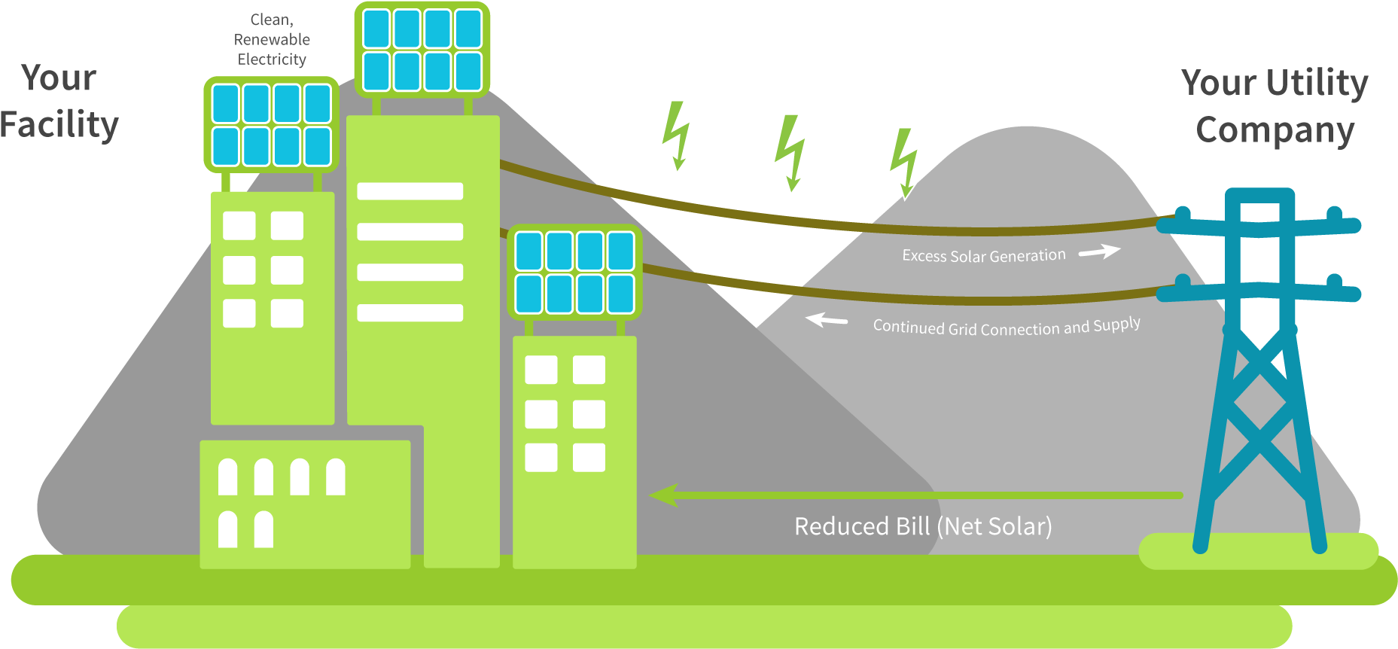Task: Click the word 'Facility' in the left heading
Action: [60, 125]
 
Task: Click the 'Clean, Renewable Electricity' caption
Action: [272, 40]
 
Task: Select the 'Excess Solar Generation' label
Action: [984, 256]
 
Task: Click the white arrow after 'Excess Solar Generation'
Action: [1100, 251]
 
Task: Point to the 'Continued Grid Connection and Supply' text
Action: [1007, 327]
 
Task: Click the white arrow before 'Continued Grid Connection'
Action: [826, 320]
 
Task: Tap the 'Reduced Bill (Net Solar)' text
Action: [923, 526]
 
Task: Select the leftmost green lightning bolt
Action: [676, 136]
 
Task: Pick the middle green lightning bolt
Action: [790, 154]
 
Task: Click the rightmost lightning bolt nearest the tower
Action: [904, 163]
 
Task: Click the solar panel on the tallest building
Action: [422, 50]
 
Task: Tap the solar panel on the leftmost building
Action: [271, 125]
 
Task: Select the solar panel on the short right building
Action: [574, 272]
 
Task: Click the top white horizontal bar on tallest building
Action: [410, 191]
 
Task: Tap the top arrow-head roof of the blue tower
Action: [1260, 196]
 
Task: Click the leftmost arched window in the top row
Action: [227, 477]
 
